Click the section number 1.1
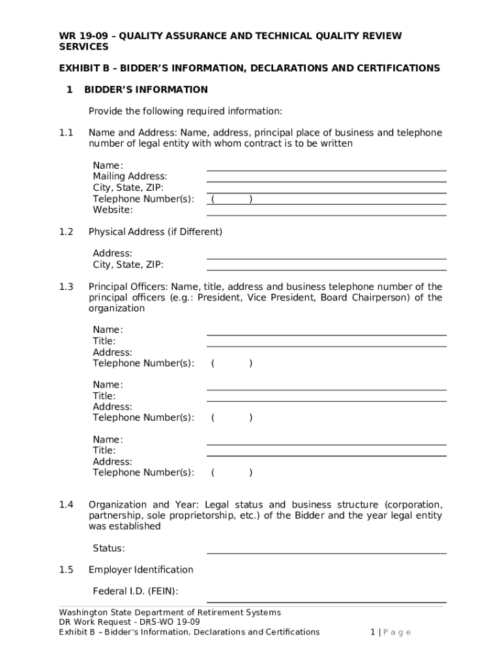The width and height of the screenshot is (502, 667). click(x=66, y=133)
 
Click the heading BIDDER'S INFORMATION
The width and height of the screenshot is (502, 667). click(x=148, y=89)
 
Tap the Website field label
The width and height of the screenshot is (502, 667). click(x=113, y=210)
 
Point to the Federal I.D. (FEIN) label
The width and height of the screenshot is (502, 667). click(x=136, y=591)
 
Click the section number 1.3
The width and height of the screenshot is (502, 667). click(x=66, y=287)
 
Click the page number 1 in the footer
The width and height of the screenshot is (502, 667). click(x=372, y=632)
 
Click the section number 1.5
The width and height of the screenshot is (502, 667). click(x=66, y=570)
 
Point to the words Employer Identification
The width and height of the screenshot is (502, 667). click(x=141, y=570)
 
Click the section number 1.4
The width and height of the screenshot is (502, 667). click(x=66, y=505)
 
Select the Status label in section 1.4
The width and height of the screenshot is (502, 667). click(x=109, y=548)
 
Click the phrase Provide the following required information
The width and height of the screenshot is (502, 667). click(x=185, y=111)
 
